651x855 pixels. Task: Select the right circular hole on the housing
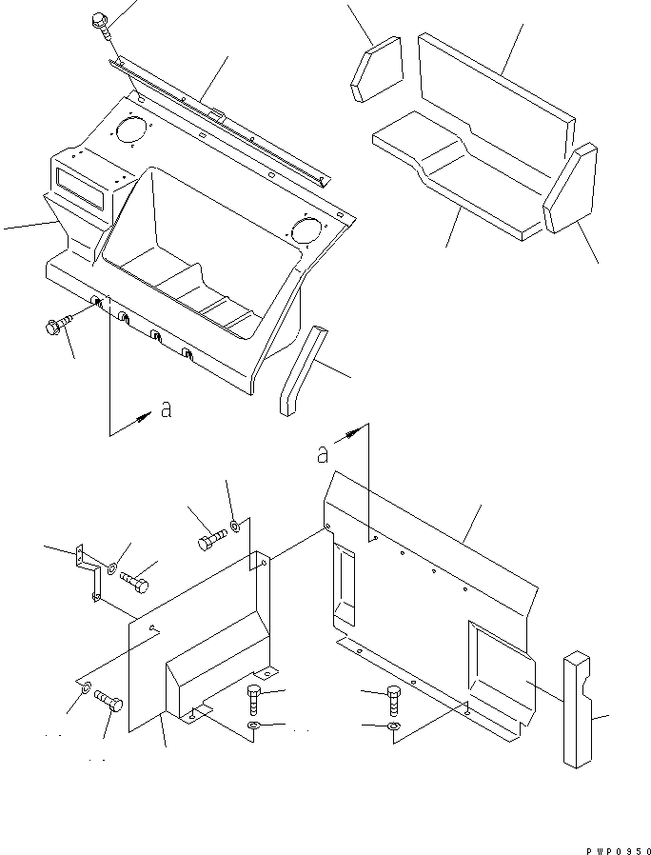[306, 229]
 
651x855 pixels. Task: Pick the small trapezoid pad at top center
[377, 69]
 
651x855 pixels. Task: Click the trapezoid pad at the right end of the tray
[570, 189]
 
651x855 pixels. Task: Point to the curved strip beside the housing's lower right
[297, 370]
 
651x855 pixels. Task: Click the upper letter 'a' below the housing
[166, 410]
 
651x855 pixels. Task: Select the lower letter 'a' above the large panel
[325, 454]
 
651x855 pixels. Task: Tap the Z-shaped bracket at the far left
[89, 573]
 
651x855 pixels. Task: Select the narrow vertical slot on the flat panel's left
[342, 581]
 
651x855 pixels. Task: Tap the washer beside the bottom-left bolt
[85, 687]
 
